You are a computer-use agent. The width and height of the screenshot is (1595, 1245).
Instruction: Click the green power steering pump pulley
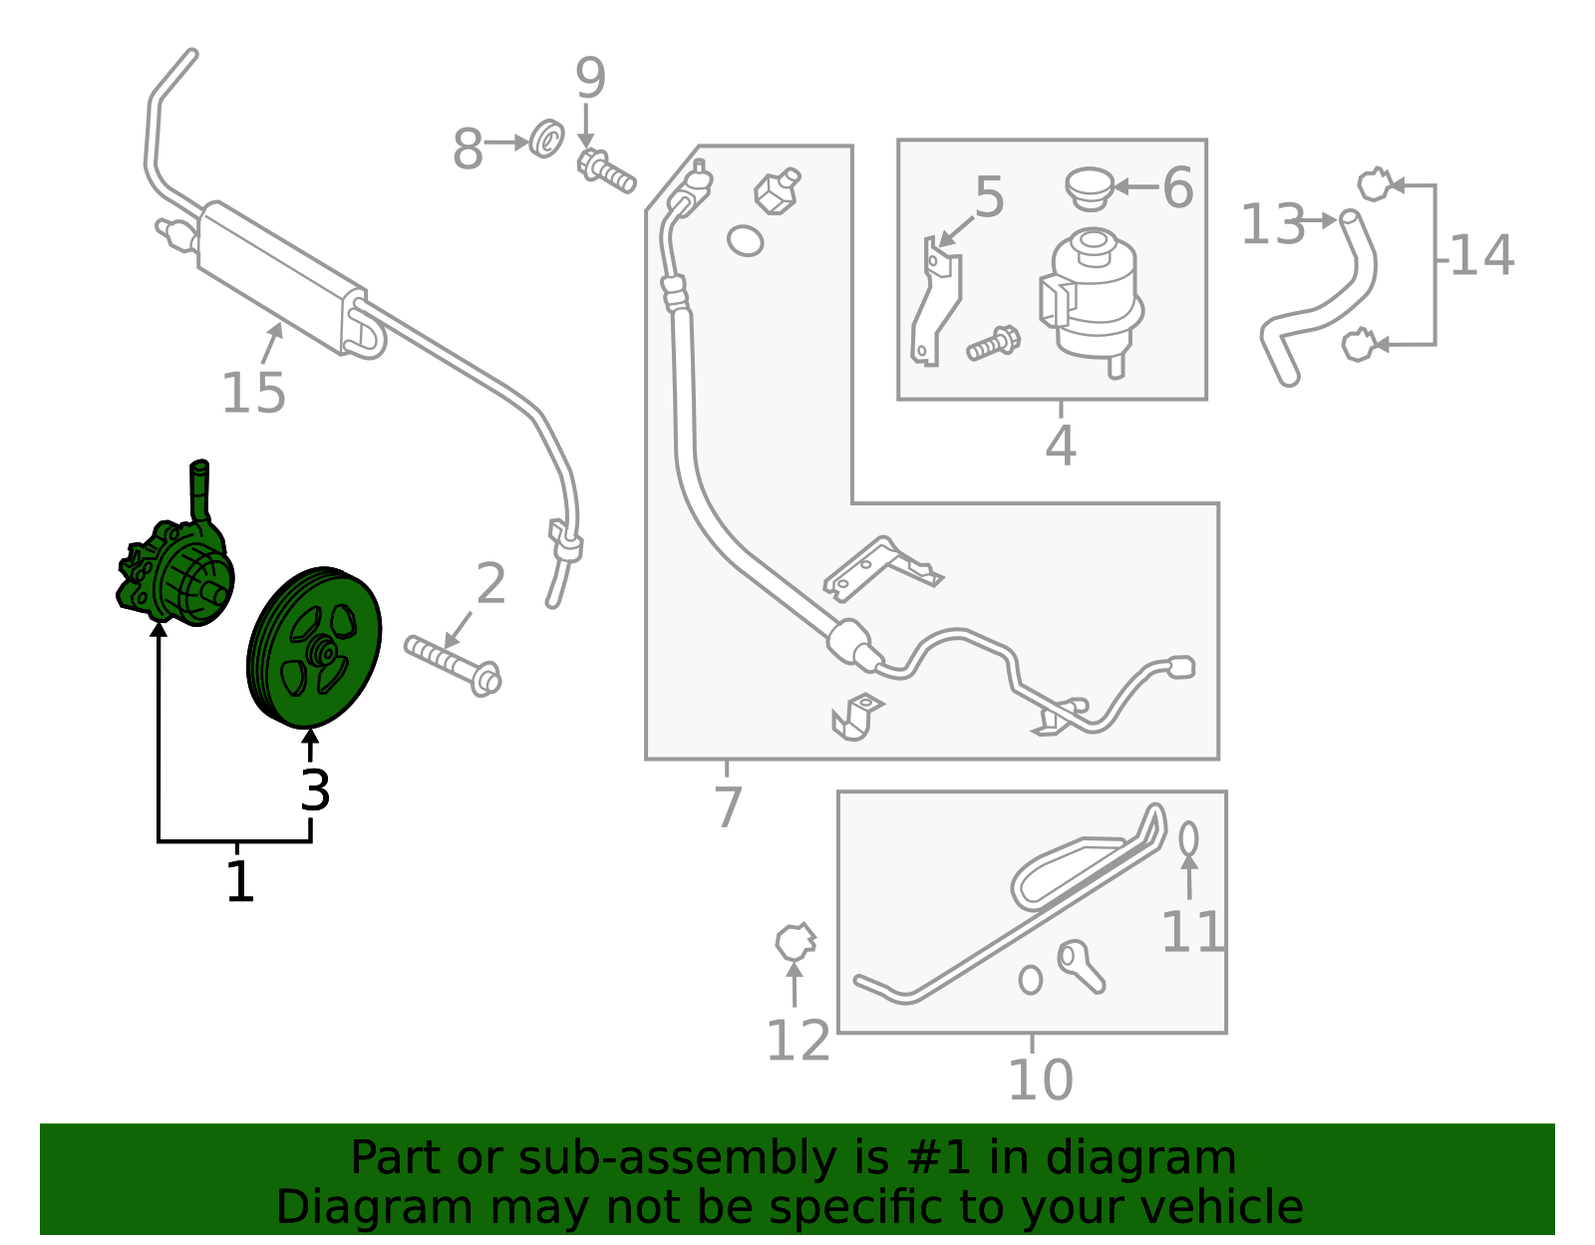314,647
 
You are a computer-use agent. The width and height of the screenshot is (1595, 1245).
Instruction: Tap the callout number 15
253,393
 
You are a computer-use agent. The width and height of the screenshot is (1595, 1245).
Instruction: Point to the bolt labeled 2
453,666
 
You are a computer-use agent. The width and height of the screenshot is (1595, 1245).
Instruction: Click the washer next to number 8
546,139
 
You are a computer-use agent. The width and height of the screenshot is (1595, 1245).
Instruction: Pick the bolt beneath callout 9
606,170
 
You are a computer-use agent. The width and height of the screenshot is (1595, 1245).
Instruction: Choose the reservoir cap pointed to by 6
1090,187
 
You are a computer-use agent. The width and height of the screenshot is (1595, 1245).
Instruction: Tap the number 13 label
1273,223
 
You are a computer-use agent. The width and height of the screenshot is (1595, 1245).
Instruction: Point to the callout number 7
728,807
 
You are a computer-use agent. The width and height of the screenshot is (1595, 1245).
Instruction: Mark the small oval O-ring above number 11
1188,839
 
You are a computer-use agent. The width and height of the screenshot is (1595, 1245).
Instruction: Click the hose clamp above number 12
796,943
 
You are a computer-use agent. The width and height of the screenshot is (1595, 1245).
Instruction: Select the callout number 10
1041,1080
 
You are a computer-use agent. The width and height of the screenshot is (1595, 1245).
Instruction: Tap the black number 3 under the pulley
316,790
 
